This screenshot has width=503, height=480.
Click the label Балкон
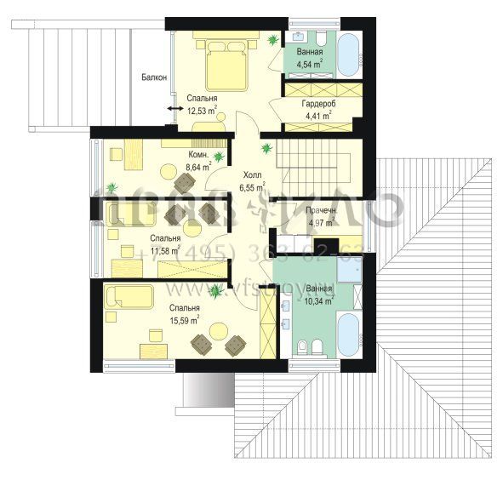[x=153, y=77]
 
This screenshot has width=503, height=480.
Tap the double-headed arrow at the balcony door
[x=174, y=109]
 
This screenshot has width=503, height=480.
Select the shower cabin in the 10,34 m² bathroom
[x=348, y=270]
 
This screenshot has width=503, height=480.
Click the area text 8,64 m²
[x=198, y=168]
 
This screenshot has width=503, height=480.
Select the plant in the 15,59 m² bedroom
[x=216, y=292]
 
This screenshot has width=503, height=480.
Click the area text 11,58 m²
[x=165, y=251]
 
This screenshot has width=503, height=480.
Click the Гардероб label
[x=317, y=103]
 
